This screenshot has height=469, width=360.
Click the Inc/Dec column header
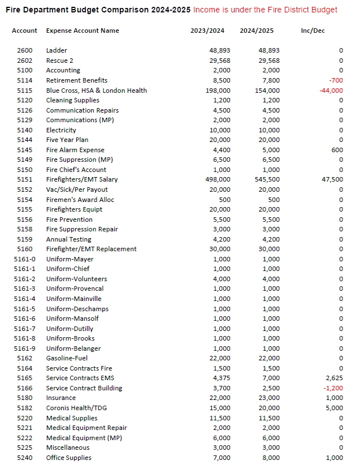[313, 31]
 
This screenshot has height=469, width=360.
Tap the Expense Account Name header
[83, 31]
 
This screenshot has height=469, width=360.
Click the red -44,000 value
[331, 91]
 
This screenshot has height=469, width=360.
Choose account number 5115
[25, 91]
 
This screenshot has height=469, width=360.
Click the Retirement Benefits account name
[76, 80]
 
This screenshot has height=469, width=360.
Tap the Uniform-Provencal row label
[75, 289]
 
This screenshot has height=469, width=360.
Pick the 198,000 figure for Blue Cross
[218, 91]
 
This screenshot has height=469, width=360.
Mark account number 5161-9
[25, 348]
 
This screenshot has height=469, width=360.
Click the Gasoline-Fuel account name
[67, 358]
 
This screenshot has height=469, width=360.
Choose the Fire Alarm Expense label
[75, 150]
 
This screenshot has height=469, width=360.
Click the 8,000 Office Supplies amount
[271, 458]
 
